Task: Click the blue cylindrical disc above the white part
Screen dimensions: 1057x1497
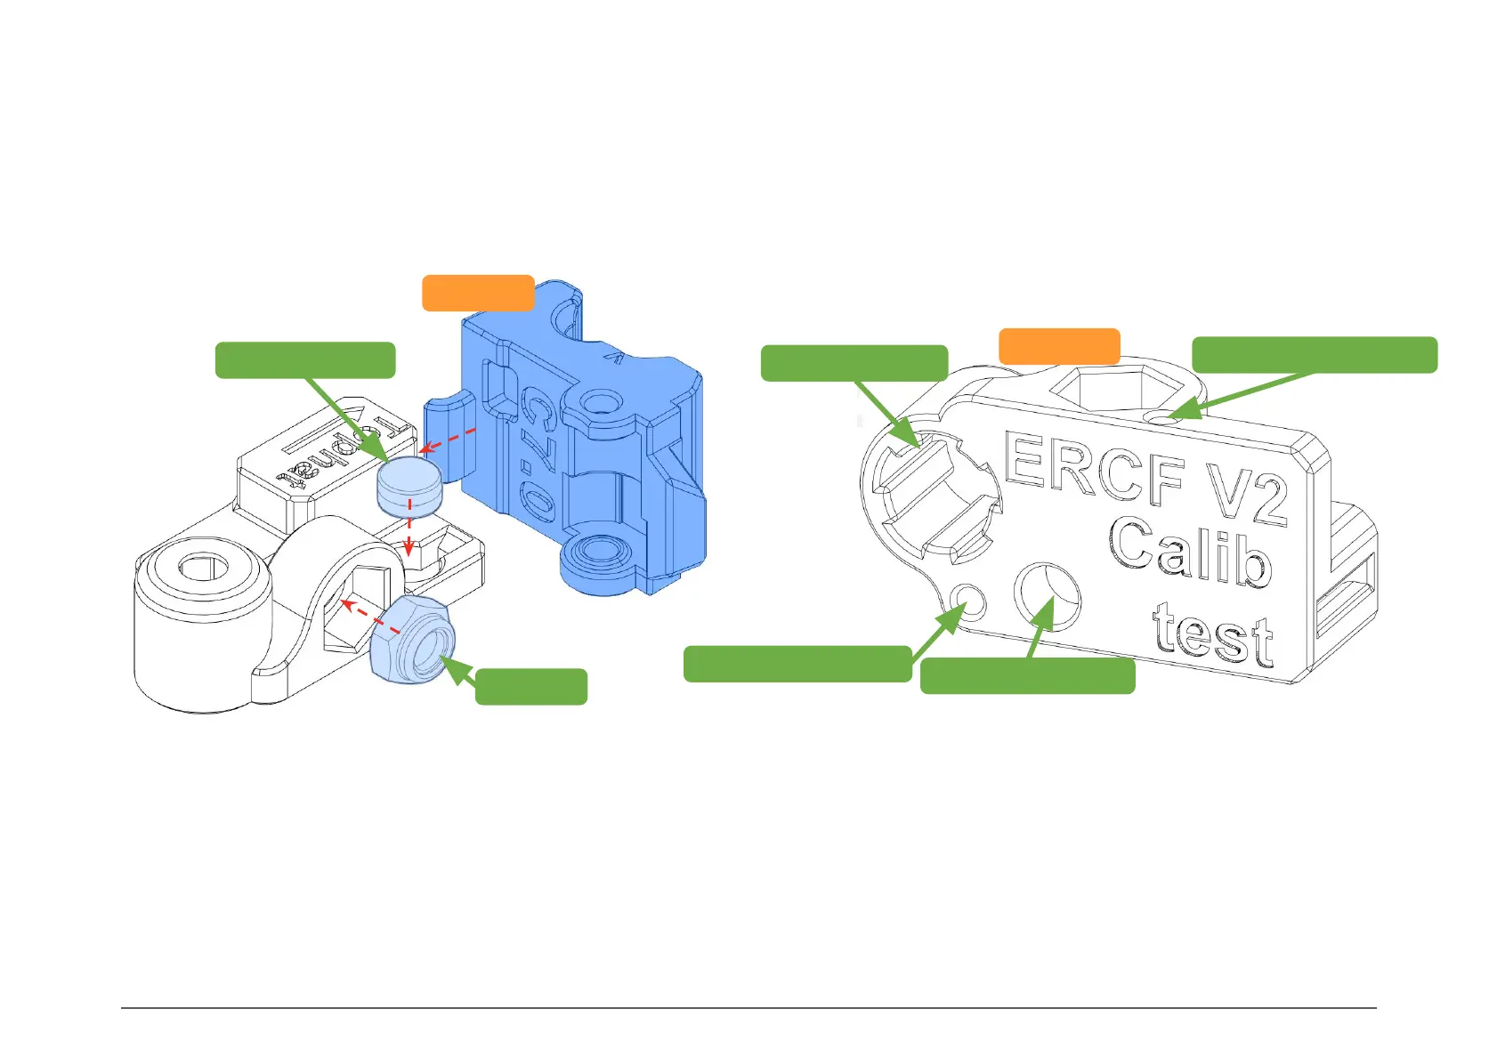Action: coord(409,486)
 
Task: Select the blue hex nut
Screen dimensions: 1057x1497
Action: coord(412,639)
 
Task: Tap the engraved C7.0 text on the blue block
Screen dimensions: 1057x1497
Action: coord(538,454)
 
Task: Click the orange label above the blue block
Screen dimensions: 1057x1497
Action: coord(478,293)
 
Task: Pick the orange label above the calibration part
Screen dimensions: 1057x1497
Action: coord(1059,346)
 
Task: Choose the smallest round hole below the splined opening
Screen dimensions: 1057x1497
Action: coord(968,601)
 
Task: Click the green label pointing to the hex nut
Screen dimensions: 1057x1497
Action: coord(531,687)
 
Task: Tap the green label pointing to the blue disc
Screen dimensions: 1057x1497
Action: coord(305,360)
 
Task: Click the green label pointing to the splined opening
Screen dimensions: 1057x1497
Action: coord(854,363)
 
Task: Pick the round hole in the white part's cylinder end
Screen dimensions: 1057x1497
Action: coord(204,566)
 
